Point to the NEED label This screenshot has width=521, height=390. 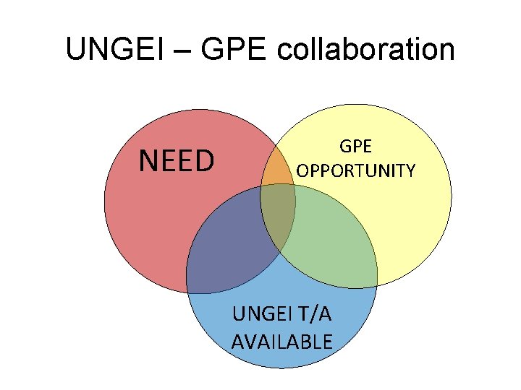177,162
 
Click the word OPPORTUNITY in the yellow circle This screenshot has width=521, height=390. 356,171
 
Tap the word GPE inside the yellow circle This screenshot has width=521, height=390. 355,147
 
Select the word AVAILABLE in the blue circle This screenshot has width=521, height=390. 281,341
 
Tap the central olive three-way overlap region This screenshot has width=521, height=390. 277,213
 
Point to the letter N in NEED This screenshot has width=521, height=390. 148,162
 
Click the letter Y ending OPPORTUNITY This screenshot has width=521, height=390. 410,171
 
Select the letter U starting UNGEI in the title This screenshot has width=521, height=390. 74,50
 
